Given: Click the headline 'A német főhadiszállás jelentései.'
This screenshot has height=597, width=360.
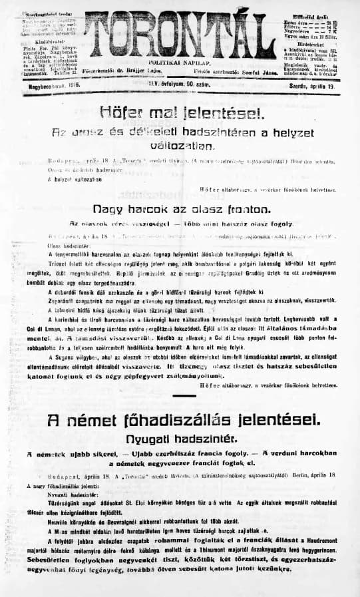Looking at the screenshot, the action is tap(180, 420).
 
